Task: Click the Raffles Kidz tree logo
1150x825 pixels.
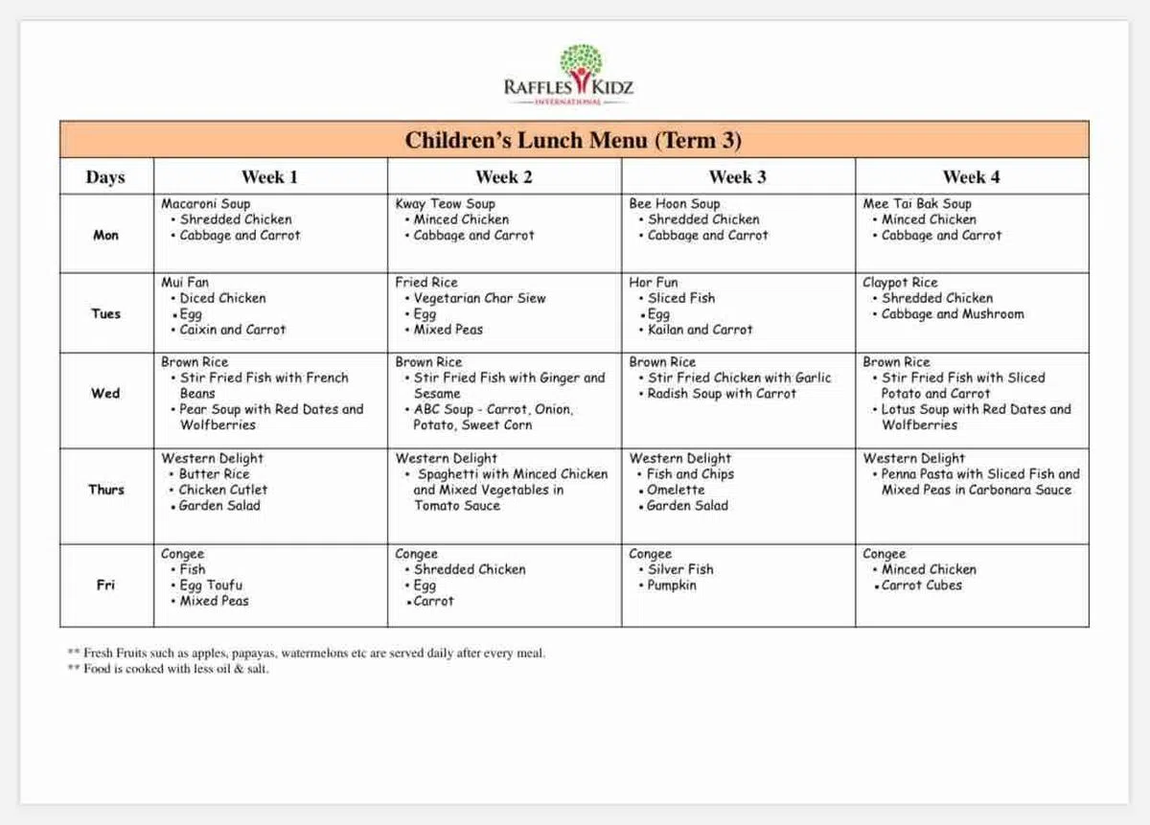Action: (x=580, y=64)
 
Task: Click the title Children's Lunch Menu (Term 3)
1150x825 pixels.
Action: (x=573, y=140)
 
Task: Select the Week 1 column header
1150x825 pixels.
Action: (x=269, y=176)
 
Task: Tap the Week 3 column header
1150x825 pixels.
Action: (x=737, y=176)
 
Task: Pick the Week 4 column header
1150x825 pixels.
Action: (x=971, y=176)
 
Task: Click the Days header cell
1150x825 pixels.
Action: (x=105, y=177)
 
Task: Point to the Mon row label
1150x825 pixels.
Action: (x=105, y=235)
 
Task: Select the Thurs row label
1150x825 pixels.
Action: (x=105, y=490)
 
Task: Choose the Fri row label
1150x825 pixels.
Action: (x=105, y=585)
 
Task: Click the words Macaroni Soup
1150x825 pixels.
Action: (x=205, y=204)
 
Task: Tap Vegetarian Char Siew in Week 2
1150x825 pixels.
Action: (x=480, y=298)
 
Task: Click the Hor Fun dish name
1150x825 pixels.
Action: (x=654, y=283)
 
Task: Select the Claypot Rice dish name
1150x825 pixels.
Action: (x=900, y=283)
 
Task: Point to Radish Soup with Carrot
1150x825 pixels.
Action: (x=722, y=394)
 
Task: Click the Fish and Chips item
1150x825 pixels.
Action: (x=690, y=474)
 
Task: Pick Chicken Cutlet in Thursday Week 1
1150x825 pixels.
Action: (x=223, y=490)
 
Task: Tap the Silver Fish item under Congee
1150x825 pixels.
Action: (x=680, y=569)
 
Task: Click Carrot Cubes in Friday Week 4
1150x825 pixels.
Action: (x=922, y=585)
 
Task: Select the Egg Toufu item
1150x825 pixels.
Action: (x=211, y=585)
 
